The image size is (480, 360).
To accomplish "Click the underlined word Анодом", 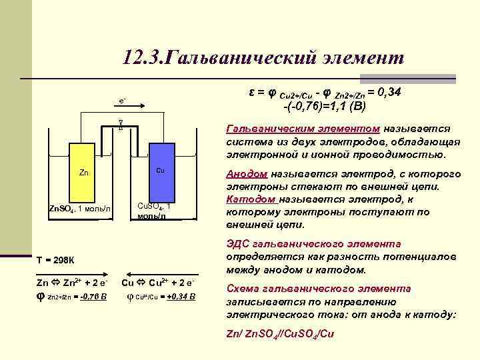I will tap(247, 174).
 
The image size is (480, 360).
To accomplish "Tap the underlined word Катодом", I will tap(251, 199).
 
